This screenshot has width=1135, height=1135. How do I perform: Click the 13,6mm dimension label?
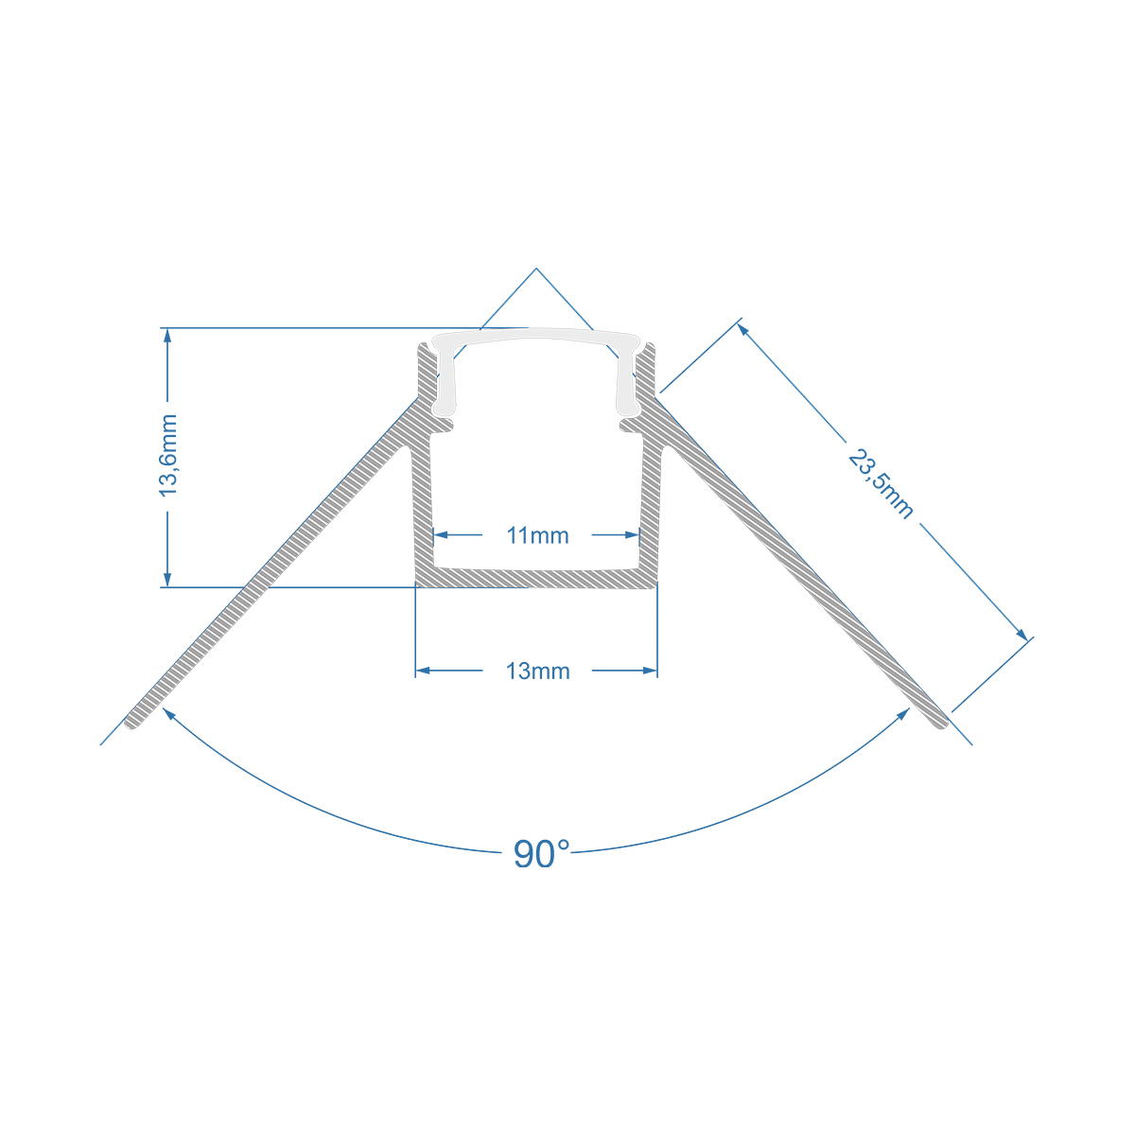168,455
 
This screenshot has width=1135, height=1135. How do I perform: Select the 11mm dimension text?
537,536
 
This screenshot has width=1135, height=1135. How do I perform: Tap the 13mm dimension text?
537,672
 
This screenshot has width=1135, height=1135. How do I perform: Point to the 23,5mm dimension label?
881,484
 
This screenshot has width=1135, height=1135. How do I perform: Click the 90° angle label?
541,854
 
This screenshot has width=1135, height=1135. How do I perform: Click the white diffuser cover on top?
536,338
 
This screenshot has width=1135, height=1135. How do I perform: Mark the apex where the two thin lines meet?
536,269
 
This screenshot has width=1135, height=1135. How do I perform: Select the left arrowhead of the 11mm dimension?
440,534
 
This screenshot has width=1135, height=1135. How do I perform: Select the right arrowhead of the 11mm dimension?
633,534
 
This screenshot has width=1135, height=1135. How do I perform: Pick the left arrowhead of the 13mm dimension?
423,671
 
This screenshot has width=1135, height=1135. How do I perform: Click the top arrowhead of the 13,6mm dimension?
168,335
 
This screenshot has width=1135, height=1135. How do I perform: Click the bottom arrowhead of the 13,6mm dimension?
168,580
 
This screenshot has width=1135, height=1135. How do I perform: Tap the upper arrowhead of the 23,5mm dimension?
743,329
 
